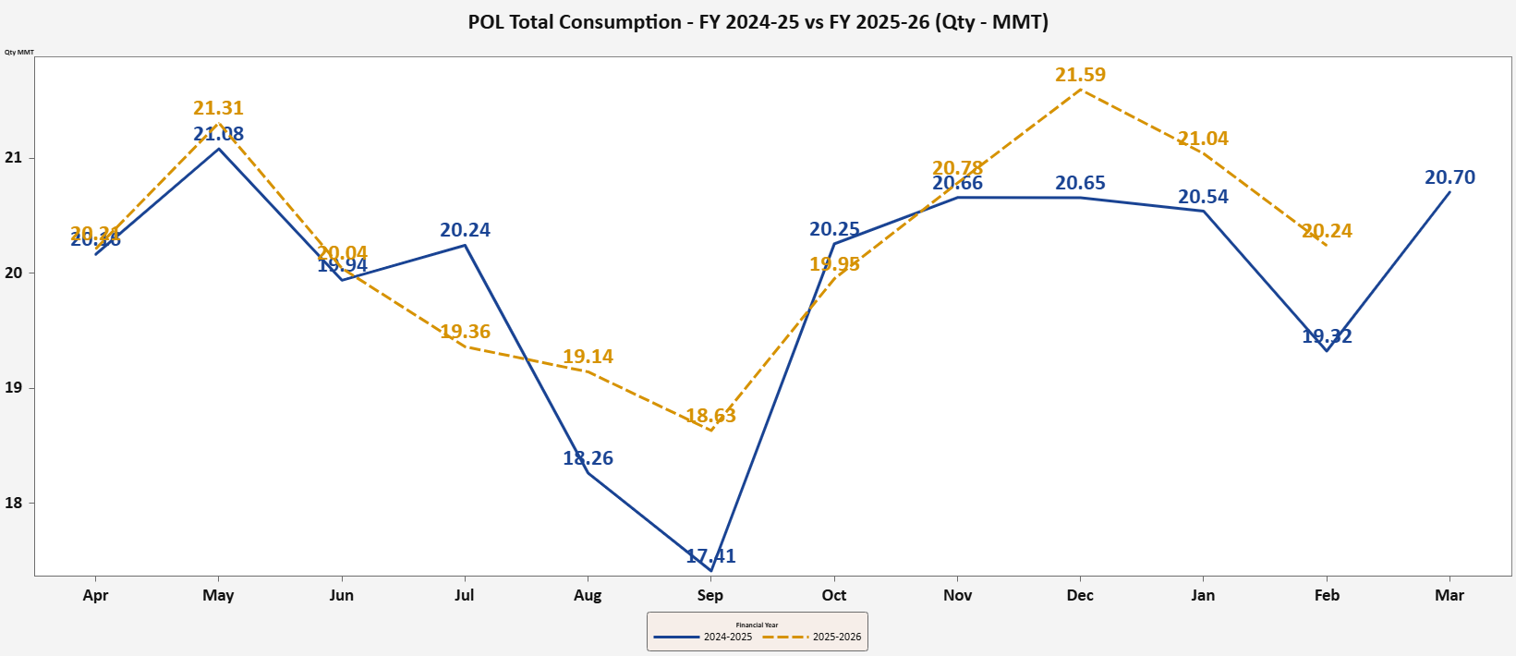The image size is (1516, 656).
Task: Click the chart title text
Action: [758, 22]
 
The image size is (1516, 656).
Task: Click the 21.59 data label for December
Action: [1080, 75]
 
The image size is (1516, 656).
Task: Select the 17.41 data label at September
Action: [710, 556]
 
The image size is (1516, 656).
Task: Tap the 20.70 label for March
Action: [1449, 177]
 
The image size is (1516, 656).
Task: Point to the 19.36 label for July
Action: [465, 332]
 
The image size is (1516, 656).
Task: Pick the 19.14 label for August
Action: [588, 357]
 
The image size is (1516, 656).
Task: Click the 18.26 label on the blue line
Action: [588, 458]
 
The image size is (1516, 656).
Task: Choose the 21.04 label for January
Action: [1203, 139]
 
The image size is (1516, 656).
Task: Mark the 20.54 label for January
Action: [1203, 197]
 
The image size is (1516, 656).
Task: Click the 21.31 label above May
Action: [218, 108]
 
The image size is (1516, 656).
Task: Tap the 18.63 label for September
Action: [710, 416]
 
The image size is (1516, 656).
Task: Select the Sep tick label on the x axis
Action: [710, 595]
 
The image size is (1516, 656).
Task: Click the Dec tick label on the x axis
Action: [1080, 595]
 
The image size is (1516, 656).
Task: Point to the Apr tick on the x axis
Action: [95, 595]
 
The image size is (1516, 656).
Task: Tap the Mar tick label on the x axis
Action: [1449, 595]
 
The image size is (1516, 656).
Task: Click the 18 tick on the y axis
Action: [13, 504]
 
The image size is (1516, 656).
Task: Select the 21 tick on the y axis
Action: [13, 158]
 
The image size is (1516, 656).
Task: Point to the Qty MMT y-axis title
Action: [18, 52]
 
